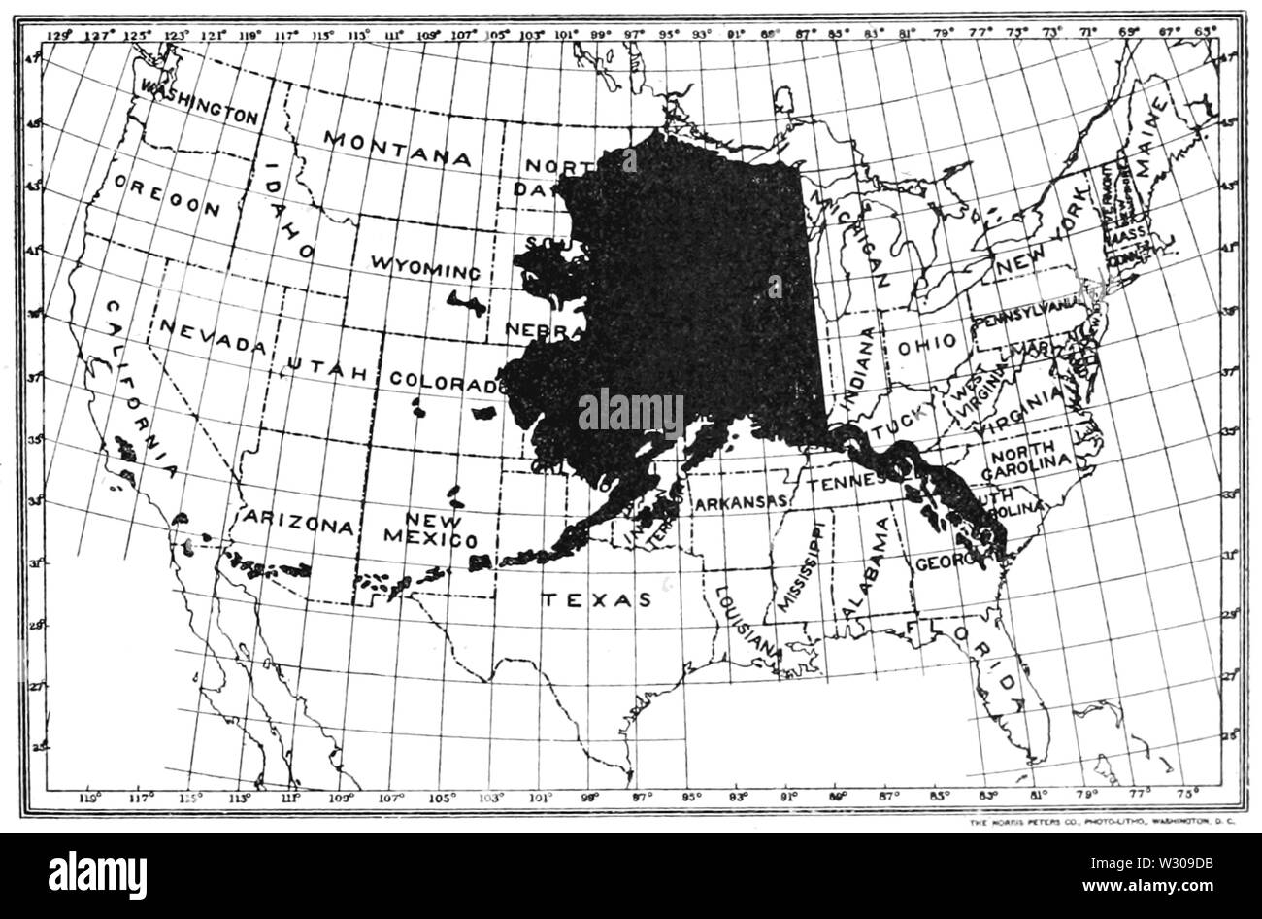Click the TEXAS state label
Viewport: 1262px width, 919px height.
tap(596, 599)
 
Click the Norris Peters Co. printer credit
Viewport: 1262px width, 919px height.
tap(1101, 823)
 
